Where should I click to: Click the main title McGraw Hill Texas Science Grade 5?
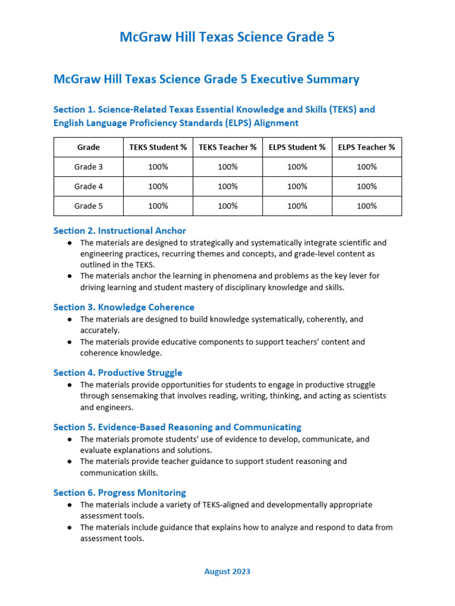tap(227, 37)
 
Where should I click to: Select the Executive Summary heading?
tap(206, 79)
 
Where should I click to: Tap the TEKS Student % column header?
tap(158, 147)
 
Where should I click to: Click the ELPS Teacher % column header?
tap(367, 147)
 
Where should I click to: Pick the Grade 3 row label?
tap(88, 167)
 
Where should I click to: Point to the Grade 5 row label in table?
tap(88, 206)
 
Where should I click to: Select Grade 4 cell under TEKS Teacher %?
tap(227, 186)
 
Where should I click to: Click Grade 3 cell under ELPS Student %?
tap(297, 167)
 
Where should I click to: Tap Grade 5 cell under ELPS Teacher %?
tap(367, 206)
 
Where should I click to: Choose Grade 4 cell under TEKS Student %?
tap(158, 186)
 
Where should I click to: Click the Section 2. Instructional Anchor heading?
tap(120, 231)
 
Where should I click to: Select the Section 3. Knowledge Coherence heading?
tap(124, 307)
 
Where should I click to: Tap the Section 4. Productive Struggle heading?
tap(118, 373)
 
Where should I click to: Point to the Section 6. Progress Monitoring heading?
tap(120, 492)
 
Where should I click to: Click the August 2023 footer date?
tap(227, 572)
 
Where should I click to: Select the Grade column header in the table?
tap(88, 147)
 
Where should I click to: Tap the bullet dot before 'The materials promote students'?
tap(70, 440)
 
